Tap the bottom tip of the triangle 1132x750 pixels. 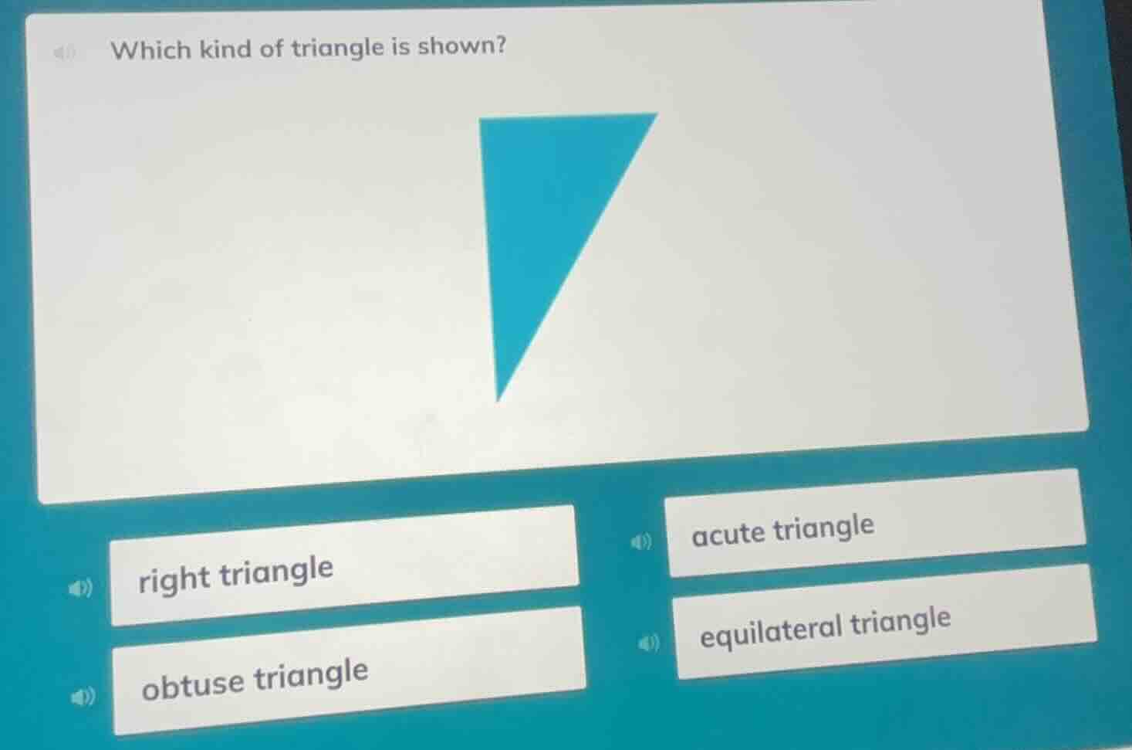499,399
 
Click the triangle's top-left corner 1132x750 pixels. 482,121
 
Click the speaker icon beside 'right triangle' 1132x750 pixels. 79,589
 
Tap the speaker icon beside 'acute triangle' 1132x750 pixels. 640,542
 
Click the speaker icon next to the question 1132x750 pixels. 67,53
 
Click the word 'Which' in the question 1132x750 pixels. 151,50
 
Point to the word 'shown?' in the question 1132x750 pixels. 462,46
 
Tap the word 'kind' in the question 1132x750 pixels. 226,49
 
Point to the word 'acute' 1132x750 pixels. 728,534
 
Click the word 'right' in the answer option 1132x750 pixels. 174,579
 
